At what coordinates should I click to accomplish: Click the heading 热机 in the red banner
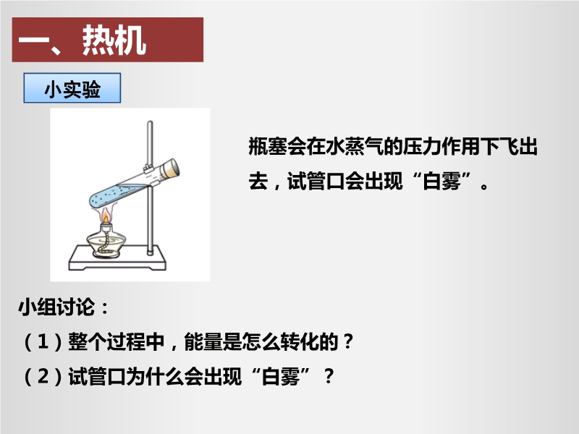point(114,41)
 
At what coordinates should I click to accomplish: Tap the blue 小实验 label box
point(72,88)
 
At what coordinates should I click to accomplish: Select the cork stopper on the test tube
point(171,169)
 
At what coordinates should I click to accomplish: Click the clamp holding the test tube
point(151,174)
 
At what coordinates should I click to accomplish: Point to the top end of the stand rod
point(150,122)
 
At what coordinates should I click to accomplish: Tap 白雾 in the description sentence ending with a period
point(441,181)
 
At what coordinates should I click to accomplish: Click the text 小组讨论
point(56,307)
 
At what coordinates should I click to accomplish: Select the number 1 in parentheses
point(43,341)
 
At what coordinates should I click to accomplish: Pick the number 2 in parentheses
point(43,376)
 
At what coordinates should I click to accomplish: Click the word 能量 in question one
point(203,341)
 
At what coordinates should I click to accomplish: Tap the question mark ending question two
point(329,376)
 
